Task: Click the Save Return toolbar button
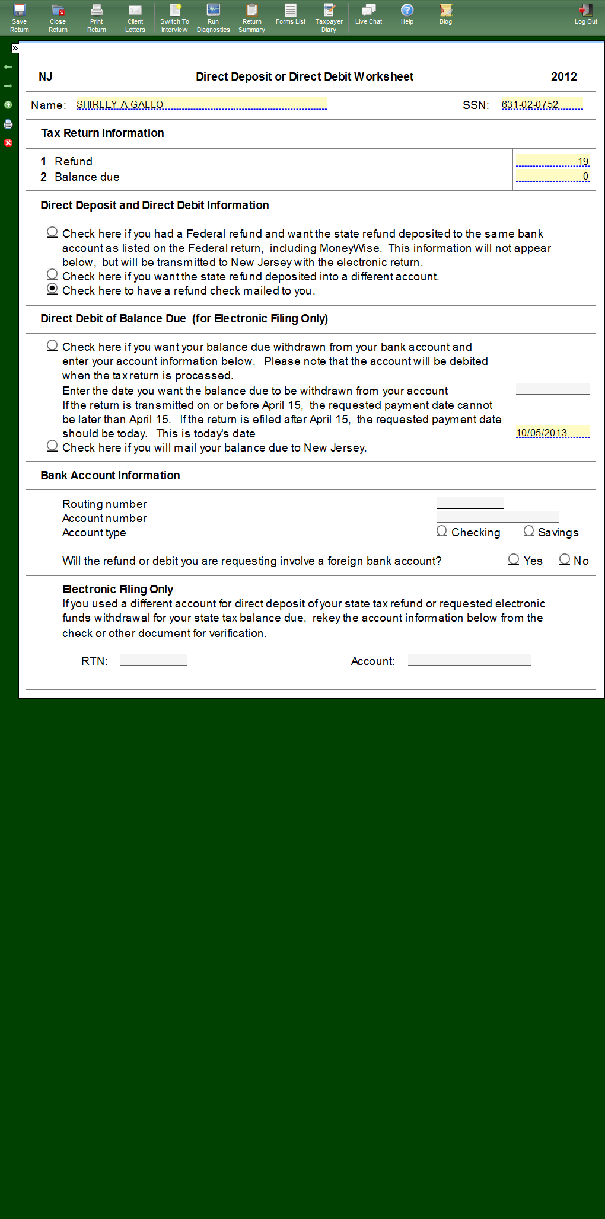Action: [20, 18]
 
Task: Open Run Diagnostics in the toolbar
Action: [213, 18]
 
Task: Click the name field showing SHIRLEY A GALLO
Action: [201, 104]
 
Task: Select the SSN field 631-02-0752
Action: [542, 104]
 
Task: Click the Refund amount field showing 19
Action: [552, 161]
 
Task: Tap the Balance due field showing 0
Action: [552, 176]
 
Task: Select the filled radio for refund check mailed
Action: [52, 289]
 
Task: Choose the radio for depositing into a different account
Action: [52, 274]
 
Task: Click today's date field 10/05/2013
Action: [552, 433]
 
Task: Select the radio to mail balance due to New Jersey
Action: [52, 446]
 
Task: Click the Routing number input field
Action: [470, 503]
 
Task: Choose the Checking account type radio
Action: [442, 531]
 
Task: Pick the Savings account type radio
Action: [528, 531]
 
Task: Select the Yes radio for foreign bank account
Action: [514, 559]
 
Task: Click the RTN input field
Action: [154, 660]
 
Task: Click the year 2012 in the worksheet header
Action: [563, 76]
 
